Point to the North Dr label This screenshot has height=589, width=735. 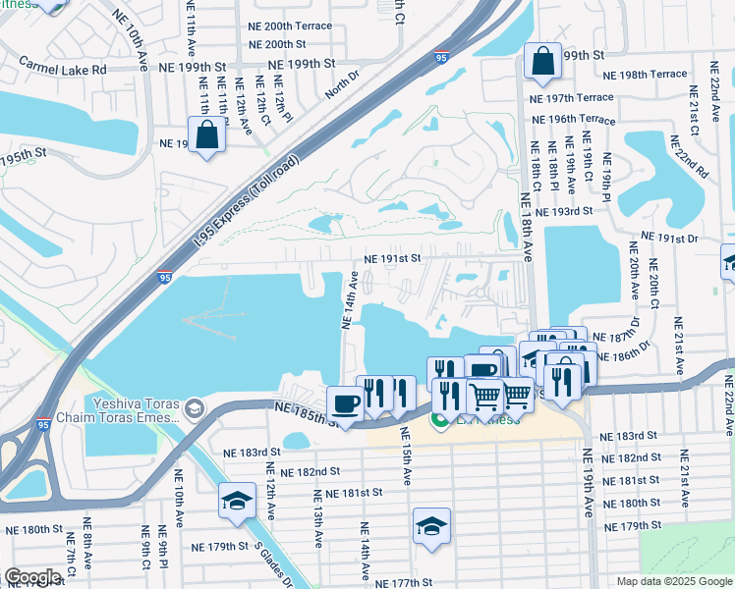[x=337, y=87]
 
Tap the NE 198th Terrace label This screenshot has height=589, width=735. [x=645, y=75]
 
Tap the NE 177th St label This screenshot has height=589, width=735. [x=403, y=583]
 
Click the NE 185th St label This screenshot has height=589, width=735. [x=306, y=412]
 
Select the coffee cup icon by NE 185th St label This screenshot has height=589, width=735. [x=345, y=402]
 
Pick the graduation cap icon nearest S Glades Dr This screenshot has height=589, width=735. [x=237, y=502]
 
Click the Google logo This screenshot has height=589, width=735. [x=33, y=576]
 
